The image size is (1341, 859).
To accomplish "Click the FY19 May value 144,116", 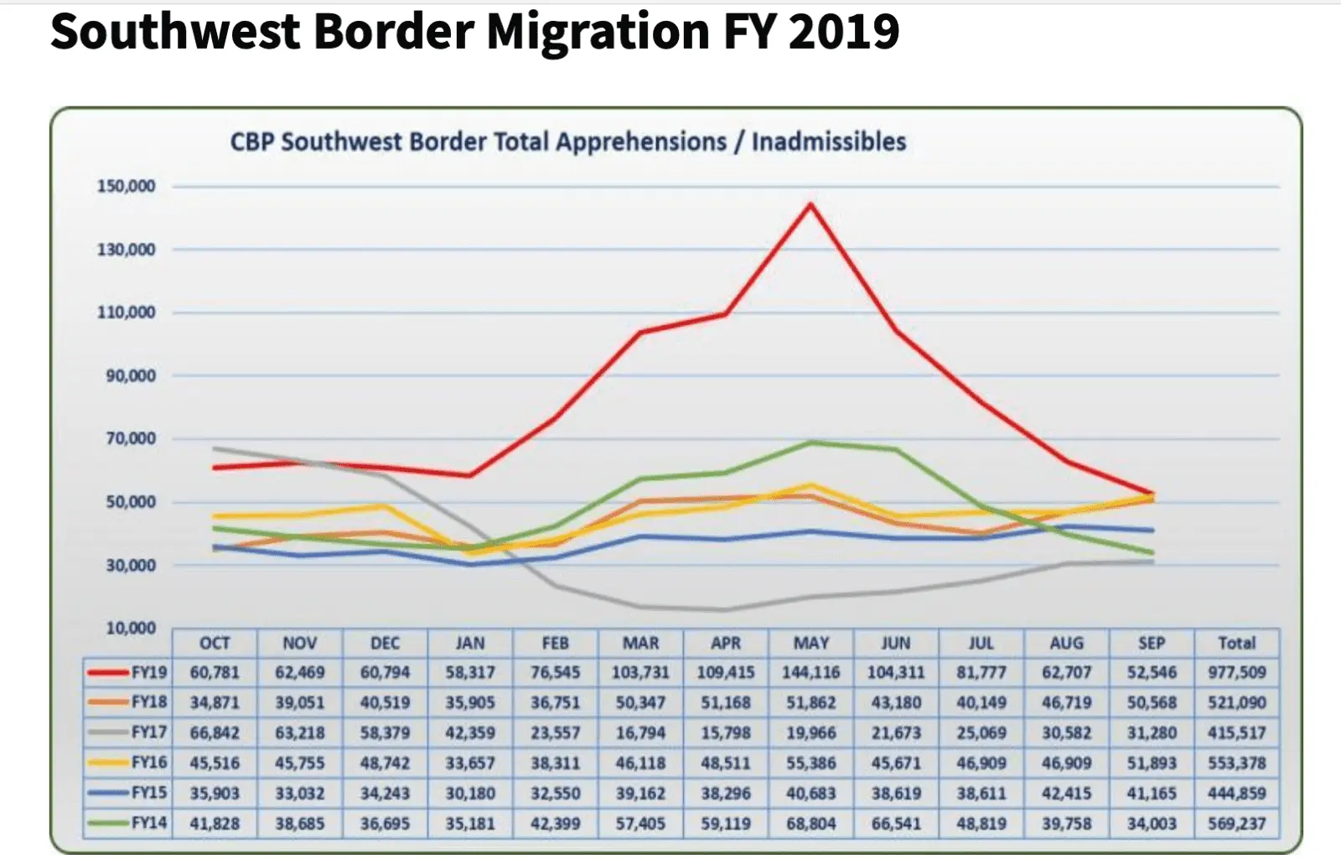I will click(x=810, y=672).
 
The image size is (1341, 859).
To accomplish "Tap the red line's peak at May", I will click(x=810, y=204).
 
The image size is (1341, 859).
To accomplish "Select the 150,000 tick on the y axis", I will click(x=126, y=186).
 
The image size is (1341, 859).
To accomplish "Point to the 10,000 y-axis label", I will click(x=131, y=628).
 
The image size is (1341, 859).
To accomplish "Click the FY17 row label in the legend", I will click(x=148, y=732).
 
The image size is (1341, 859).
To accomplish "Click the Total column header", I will click(x=1236, y=643).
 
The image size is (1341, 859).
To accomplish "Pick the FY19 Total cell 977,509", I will click(x=1236, y=672).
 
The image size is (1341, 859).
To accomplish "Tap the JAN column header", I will click(x=470, y=643).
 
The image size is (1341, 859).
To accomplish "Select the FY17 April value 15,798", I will click(x=726, y=732).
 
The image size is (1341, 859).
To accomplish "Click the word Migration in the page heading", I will click(x=598, y=32).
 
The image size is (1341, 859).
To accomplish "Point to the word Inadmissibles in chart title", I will click(x=829, y=142).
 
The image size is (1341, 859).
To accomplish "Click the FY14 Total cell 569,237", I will click(x=1236, y=823).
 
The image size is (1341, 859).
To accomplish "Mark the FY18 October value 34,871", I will click(x=215, y=702).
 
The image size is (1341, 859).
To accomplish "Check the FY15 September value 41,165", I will click(x=1152, y=793).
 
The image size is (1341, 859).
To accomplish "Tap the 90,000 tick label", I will click(x=131, y=375).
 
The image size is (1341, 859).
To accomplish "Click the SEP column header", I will click(x=1152, y=643).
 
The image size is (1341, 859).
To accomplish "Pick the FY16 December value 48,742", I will click(x=385, y=763).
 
